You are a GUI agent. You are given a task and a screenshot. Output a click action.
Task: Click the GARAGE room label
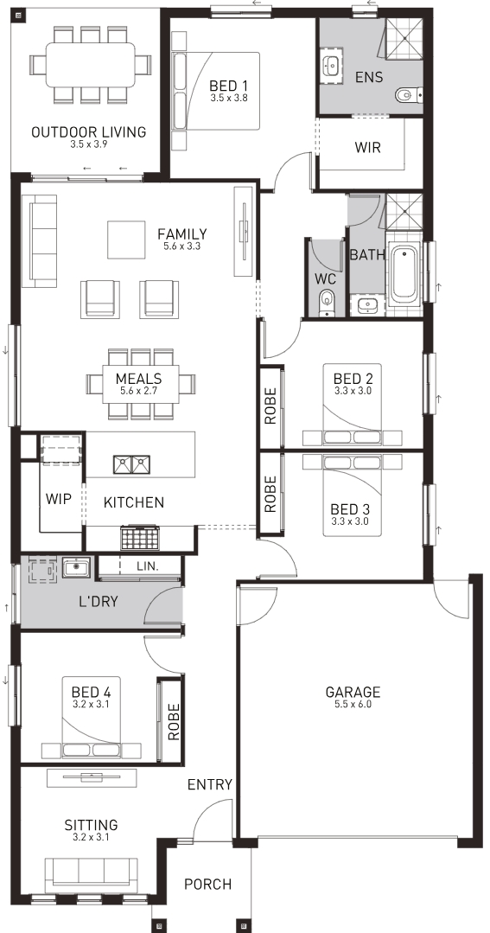click(x=353, y=692)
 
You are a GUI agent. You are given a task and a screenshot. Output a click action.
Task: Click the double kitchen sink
click(x=132, y=464)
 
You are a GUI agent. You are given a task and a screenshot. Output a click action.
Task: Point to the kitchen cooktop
click(x=141, y=538)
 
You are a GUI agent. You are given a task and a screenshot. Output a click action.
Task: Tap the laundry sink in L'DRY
click(x=76, y=567)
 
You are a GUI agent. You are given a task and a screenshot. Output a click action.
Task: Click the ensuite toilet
click(x=409, y=94)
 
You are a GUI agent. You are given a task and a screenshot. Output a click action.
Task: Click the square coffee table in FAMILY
click(x=126, y=240)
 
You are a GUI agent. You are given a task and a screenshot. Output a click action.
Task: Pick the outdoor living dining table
click(x=91, y=64)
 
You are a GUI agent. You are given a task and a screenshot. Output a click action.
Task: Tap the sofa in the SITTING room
click(x=91, y=875)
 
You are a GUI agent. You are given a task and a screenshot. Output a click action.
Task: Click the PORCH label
click(x=207, y=885)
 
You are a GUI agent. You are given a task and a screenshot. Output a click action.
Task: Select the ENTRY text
click(x=209, y=785)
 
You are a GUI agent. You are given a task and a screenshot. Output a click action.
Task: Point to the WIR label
click(x=367, y=147)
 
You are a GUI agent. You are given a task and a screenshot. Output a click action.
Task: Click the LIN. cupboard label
click(x=148, y=567)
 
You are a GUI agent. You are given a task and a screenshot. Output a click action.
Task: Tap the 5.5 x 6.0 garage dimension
click(x=353, y=705)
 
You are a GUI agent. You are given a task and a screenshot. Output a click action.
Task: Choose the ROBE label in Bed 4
click(x=174, y=722)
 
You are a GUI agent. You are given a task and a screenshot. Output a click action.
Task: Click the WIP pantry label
click(x=58, y=499)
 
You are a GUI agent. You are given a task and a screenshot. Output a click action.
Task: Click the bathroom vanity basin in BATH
click(x=367, y=306)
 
